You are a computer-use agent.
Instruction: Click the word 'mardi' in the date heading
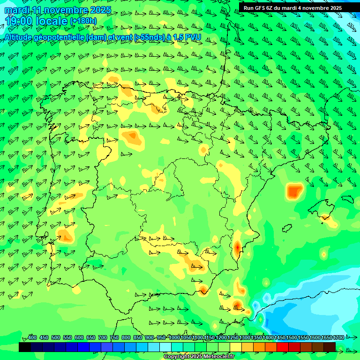tap(17, 10)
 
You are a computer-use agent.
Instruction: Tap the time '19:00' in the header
tap(19, 21)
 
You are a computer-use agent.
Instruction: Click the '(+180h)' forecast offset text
tap(83, 21)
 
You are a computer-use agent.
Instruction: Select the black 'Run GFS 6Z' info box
tap(292, 8)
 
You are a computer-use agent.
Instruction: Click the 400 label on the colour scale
tap(32, 338)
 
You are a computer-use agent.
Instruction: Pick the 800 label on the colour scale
tap(126, 338)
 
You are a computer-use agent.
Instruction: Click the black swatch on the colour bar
tap(25, 347)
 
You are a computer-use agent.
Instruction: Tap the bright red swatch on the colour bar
tap(283, 347)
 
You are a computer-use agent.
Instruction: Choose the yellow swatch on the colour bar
tap(236, 347)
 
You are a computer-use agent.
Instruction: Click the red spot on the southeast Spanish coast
tap(237, 247)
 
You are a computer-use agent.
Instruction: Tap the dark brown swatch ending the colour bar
tap(330, 347)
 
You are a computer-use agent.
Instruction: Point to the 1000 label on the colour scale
tap(174, 338)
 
